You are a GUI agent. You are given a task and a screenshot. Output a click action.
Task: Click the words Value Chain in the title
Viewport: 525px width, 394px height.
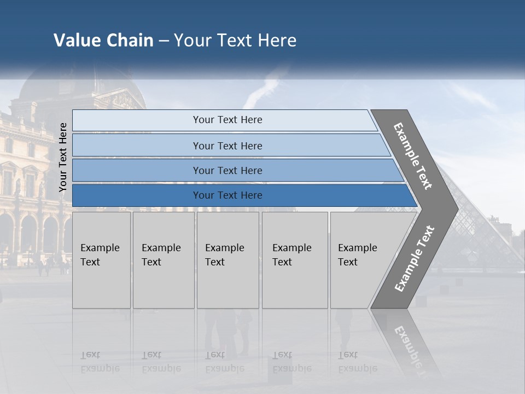click(x=103, y=40)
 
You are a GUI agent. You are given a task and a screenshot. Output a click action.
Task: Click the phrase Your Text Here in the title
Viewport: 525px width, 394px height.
click(x=235, y=40)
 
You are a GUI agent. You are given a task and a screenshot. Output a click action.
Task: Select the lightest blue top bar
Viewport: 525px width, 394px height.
click(x=227, y=120)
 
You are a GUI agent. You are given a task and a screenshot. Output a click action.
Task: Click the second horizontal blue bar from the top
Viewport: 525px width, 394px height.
click(x=227, y=146)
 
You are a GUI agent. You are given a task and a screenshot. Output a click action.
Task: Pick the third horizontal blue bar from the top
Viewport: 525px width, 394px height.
click(x=227, y=170)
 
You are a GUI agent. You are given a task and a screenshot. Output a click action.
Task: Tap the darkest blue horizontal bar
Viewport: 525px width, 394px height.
click(x=227, y=195)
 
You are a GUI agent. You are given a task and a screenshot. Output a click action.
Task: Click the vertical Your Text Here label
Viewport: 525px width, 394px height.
click(x=63, y=157)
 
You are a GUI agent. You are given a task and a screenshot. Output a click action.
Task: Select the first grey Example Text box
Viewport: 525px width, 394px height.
click(x=101, y=260)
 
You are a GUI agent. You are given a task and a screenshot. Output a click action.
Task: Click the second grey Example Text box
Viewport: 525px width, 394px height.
click(x=163, y=260)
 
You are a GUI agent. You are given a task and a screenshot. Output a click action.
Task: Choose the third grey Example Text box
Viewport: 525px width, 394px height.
click(x=227, y=260)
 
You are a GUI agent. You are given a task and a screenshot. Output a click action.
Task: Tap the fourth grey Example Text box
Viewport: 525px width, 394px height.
click(x=294, y=260)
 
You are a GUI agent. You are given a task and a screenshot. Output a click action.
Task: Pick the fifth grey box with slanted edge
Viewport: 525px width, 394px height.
click(x=361, y=260)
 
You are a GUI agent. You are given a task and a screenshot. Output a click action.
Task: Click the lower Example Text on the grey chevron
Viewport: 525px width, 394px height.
click(x=415, y=258)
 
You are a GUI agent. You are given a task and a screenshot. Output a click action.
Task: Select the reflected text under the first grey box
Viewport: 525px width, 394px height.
click(x=100, y=362)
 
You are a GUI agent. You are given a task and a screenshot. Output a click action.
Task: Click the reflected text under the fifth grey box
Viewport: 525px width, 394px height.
click(x=357, y=362)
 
